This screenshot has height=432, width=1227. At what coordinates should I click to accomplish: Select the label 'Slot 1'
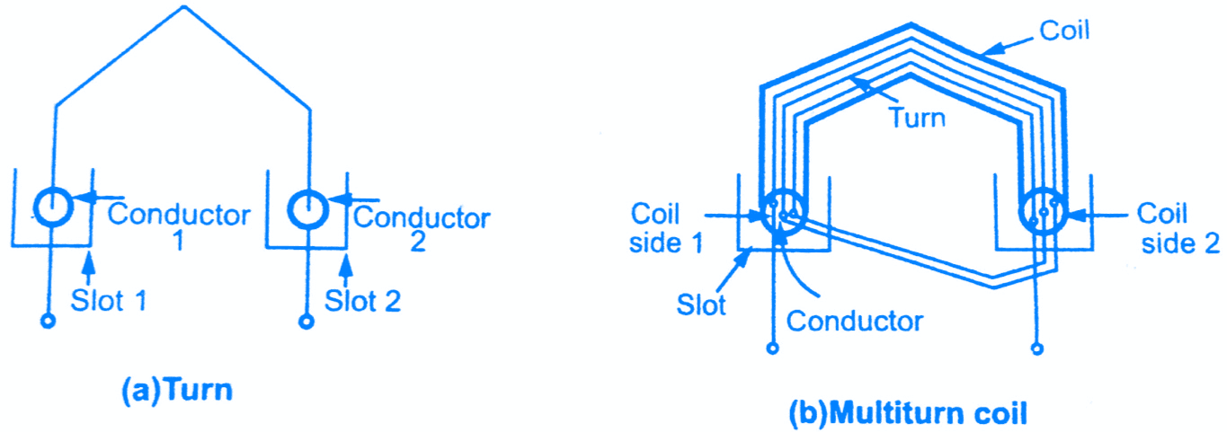click(109, 301)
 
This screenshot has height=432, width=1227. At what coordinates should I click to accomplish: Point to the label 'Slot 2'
click(362, 301)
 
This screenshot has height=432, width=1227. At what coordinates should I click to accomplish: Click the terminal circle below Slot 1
click(49, 321)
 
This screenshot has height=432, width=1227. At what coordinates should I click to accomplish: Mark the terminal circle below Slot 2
click(307, 322)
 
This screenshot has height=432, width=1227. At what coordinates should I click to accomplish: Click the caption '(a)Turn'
click(177, 391)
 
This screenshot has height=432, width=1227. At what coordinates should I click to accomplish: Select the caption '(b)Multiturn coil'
click(908, 413)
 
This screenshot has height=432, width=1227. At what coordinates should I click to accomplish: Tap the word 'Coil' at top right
click(1064, 31)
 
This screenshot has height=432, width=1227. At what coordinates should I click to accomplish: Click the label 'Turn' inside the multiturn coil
click(917, 118)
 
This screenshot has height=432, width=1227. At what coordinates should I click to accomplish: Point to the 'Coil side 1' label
click(665, 228)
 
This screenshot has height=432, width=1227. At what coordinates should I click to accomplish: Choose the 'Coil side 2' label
click(1178, 228)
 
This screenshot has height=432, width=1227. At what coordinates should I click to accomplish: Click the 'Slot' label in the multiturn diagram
click(701, 304)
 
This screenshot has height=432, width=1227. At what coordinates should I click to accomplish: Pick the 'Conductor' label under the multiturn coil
click(855, 322)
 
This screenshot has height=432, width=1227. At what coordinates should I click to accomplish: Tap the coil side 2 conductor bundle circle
click(1021, 213)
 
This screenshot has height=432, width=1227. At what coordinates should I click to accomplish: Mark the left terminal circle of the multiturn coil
click(772, 348)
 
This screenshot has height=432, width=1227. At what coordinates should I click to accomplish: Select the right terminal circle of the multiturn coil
click(1037, 348)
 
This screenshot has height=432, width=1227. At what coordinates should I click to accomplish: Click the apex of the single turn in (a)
click(184, 6)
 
